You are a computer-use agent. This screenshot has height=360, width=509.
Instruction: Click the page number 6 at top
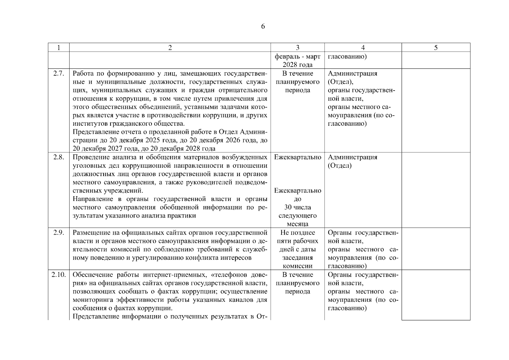pos(263,26)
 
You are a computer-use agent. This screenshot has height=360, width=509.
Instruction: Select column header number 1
pos(59,48)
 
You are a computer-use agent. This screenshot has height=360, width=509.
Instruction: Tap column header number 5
pos(436,48)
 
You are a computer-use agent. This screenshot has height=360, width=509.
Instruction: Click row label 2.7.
pos(59,73)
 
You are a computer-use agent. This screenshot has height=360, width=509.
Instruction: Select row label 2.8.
pos(59,157)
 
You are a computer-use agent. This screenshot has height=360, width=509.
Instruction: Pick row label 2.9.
pos(59,232)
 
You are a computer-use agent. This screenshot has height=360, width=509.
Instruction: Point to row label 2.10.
pos(59,274)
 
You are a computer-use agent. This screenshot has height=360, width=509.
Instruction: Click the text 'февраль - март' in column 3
pos(297,57)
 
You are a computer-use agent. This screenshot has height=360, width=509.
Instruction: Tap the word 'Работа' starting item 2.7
pos(83,73)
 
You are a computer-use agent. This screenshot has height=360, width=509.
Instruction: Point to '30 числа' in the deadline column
pos(297,207)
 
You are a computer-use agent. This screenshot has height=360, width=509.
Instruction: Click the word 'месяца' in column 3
pos(297,224)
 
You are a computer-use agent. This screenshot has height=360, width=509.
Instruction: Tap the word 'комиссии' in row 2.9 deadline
pos(297,266)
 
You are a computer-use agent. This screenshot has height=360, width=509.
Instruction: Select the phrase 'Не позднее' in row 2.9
pos(297,232)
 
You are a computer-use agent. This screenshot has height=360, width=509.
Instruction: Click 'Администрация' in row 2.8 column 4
pos(352,157)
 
